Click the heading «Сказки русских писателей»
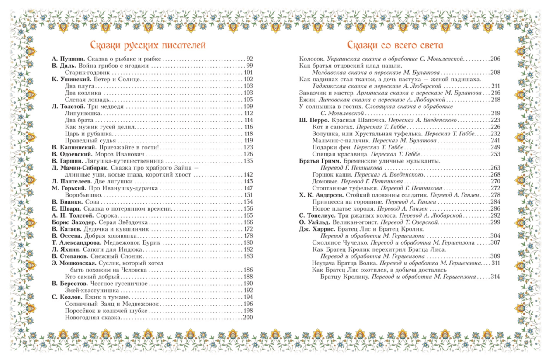tap(147, 45)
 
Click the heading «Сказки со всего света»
tap(395, 45)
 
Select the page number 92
tap(250, 59)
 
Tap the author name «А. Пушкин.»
tap(68, 59)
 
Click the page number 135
tap(248, 161)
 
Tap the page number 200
tap(248, 318)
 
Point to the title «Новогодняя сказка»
tap(92, 318)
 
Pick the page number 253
tap(495, 154)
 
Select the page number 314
tap(495, 277)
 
